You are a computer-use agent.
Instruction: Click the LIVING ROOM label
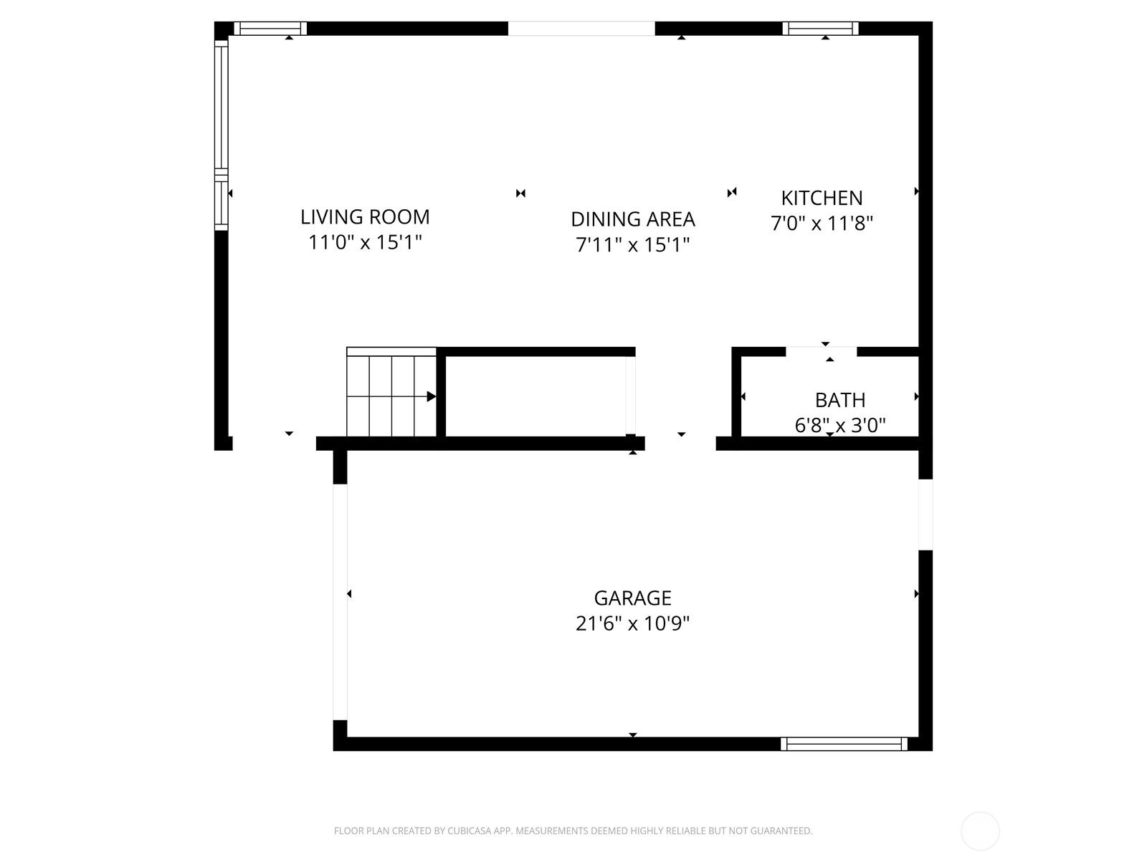tap(365, 216)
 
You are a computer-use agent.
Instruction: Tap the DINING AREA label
tap(632, 219)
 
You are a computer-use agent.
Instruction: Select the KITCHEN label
tap(822, 198)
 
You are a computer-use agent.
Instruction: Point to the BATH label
tap(839, 400)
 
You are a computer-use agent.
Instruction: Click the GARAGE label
tap(632, 598)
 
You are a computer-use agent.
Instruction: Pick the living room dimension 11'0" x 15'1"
tap(365, 242)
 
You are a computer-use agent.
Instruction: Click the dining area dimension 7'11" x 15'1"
tap(632, 245)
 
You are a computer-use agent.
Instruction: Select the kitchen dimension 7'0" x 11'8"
tap(822, 224)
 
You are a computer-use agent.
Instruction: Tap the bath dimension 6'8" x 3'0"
tap(839, 426)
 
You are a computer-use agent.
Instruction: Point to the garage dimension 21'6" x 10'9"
tap(632, 623)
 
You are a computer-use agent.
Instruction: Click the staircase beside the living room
tap(391, 393)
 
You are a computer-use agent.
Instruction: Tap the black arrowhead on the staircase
tap(432, 396)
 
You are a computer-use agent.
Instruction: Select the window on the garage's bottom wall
tap(844, 744)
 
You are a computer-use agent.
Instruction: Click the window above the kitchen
tap(820, 29)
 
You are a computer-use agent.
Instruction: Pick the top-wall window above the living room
tap(270, 29)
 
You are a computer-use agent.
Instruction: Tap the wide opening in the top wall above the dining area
tap(581, 29)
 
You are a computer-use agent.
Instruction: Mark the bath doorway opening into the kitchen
tap(822, 351)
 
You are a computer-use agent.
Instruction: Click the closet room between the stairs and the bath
tap(536, 396)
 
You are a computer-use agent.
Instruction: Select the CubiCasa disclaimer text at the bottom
tap(573, 831)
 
